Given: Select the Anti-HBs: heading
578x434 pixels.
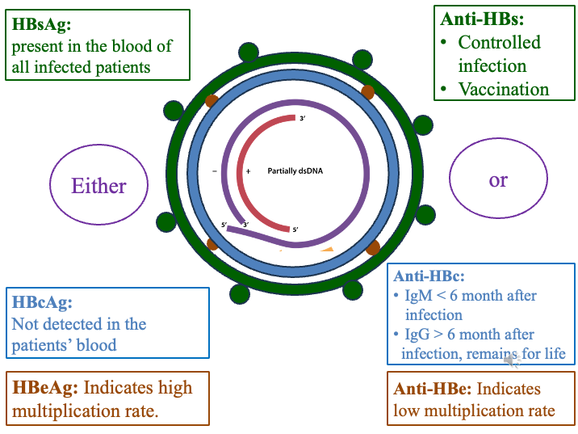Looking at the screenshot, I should coord(482,18).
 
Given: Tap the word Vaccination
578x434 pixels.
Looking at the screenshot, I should coord(503,89).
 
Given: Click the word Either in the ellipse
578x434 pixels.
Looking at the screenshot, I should coord(98,186).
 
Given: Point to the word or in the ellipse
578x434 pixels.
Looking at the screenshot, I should coord(498,179).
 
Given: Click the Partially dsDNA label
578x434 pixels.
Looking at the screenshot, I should coord(295,171).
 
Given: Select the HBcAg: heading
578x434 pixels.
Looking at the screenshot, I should coord(42,303).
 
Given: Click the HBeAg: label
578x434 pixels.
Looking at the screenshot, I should coord(44,387).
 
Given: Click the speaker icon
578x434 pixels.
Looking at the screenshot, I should coord(512,360).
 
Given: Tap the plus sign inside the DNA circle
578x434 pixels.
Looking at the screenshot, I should coord(249,171).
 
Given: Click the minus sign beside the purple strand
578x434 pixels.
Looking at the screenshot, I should coord(214,171).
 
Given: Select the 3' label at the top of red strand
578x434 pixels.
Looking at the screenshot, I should coord(303,119).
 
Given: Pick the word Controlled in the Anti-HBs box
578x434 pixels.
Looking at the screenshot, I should coord(499,42).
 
